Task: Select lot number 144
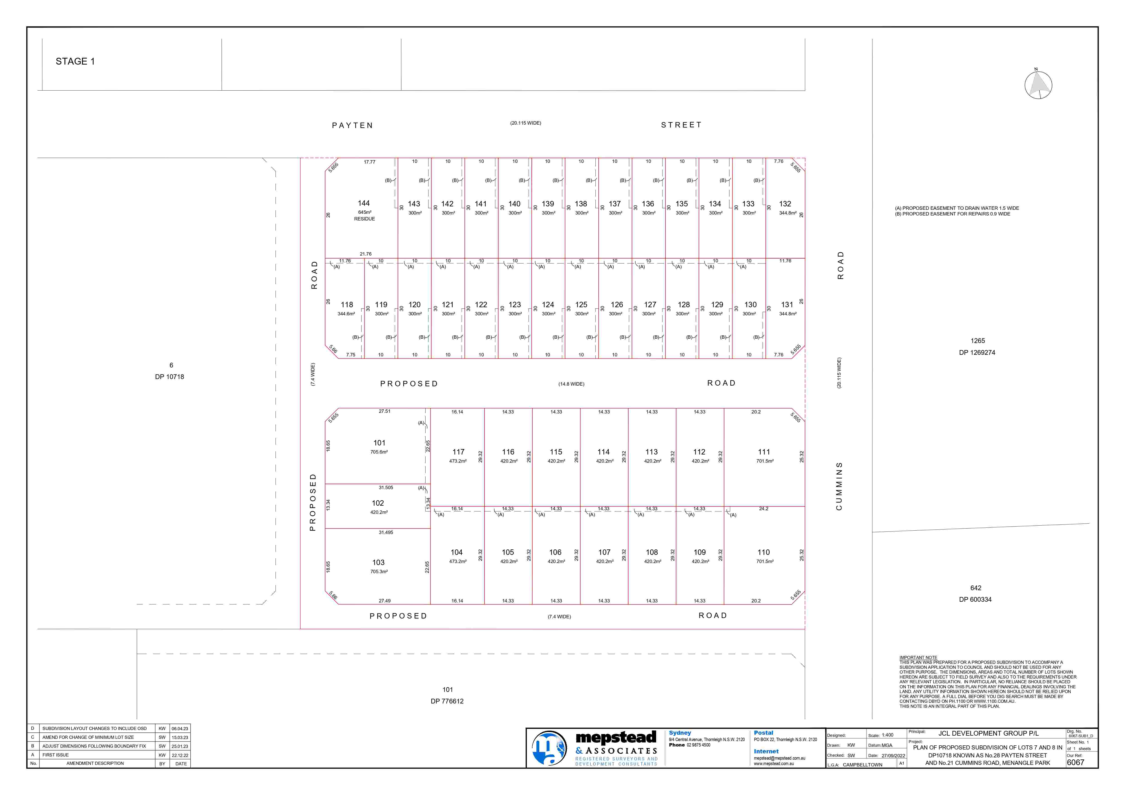364,203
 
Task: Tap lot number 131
787,304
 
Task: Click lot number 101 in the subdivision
379,443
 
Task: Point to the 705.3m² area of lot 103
379,571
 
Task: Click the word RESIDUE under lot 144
365,219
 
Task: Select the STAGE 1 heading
75,61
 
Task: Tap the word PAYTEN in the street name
352,126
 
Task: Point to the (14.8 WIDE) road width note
571,384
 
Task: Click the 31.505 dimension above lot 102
386,488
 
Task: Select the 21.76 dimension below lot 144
366,254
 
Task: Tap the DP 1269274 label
977,352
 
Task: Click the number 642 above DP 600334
976,588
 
